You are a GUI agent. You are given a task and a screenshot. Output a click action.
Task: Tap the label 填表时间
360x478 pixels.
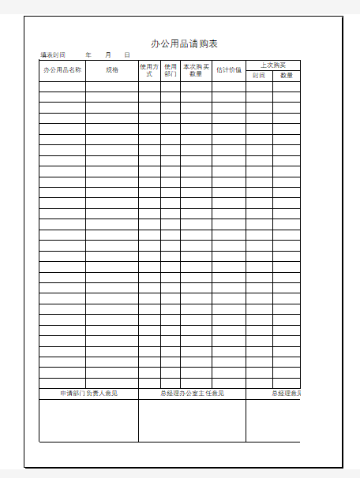coord(53,55)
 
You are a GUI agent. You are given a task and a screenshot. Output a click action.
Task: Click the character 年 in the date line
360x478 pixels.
coord(88,55)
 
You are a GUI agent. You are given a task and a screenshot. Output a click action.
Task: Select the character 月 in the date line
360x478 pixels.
coord(107,55)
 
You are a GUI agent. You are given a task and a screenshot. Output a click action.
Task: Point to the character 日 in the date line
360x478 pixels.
coord(126,55)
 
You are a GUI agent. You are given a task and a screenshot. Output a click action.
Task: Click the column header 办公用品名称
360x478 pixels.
coord(62,70)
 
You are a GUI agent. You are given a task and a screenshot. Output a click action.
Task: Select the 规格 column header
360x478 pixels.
coord(112,70)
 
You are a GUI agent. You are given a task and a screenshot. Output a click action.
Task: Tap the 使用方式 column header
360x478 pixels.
coord(149,70)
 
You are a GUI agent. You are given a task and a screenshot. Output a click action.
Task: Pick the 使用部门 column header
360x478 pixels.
coord(171,70)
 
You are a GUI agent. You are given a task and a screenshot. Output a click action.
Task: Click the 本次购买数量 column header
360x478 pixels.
coord(196,70)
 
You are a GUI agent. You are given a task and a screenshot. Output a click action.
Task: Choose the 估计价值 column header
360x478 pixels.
coord(228,70)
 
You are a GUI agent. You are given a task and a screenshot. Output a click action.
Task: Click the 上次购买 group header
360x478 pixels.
coord(272,65)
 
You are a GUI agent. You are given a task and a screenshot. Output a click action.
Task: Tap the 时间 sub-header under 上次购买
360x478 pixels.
coord(259,76)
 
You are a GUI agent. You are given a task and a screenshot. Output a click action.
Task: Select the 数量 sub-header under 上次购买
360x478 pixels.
coord(287,76)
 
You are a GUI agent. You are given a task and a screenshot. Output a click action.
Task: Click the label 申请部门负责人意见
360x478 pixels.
coord(88,394)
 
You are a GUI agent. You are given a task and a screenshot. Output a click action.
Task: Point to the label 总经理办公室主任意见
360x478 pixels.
coord(192,394)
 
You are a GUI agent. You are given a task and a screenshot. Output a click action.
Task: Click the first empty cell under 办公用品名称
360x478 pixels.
coord(62,87)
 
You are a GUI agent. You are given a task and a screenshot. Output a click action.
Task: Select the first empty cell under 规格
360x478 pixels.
coord(112,87)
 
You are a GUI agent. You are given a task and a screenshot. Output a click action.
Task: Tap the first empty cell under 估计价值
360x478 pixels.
coord(228,87)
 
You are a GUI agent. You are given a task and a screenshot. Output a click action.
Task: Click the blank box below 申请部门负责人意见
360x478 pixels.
coord(88,420)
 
